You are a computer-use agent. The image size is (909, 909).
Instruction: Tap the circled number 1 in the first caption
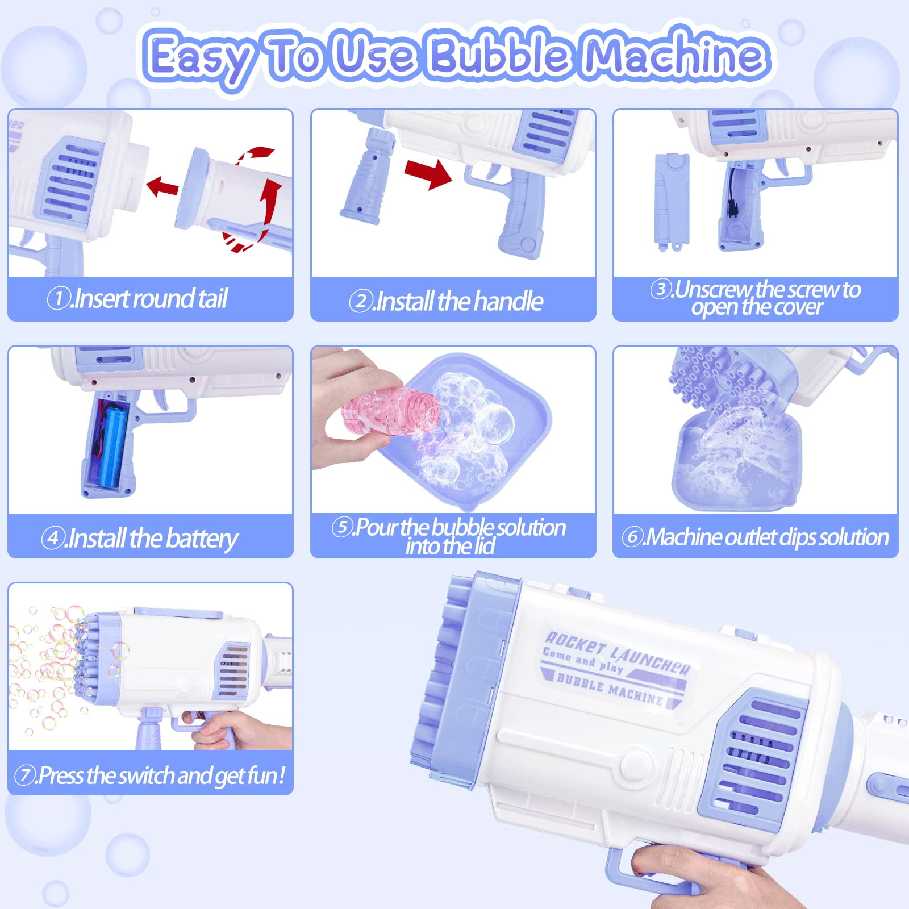click(x=58, y=299)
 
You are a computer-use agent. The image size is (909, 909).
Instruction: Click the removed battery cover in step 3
click(x=671, y=200)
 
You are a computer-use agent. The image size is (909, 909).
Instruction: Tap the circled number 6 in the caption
click(x=631, y=537)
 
